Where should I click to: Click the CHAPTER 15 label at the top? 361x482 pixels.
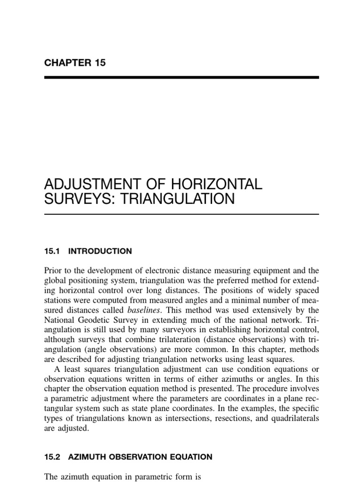[75, 63]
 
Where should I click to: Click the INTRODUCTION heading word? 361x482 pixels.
[100, 251]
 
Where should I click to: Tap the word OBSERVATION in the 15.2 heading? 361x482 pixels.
[147, 457]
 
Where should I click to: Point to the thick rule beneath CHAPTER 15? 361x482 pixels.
[181, 77]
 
